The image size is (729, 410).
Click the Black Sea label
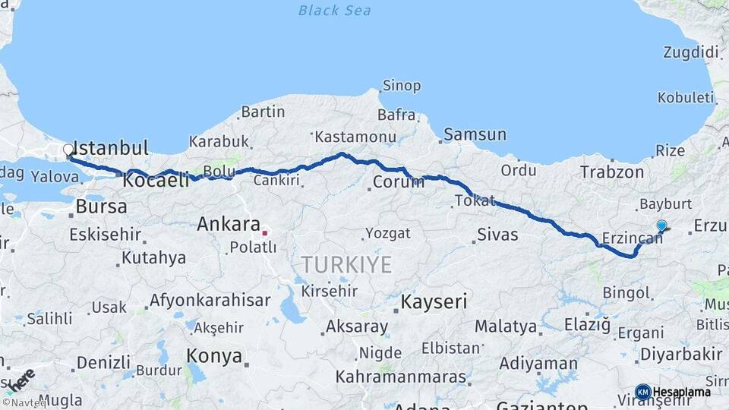334,11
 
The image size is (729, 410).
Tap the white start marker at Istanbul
68,150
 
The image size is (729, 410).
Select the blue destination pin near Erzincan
661,225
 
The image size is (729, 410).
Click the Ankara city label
229,224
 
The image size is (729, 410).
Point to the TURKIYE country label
346,265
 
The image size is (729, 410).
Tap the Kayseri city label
434,301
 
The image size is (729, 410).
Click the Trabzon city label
612,172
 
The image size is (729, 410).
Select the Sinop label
402,86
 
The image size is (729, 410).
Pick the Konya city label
214,356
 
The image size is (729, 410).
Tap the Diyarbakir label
681,354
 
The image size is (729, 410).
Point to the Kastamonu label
356,137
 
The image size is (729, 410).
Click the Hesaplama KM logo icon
642,392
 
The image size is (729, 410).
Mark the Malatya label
506,327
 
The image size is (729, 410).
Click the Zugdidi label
690,52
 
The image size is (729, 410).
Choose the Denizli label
103,362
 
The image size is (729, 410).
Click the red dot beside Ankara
264,232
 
